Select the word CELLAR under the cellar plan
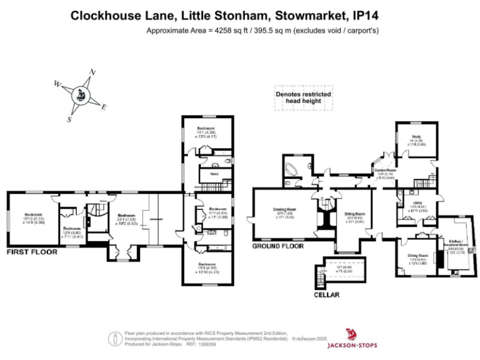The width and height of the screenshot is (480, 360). point(327,294)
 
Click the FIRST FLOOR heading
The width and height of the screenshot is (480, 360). point(32,252)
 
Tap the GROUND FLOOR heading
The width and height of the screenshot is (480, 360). point(277,246)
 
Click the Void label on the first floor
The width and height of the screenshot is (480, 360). point(214,174)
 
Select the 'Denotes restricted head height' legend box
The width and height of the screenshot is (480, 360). point(303,98)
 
